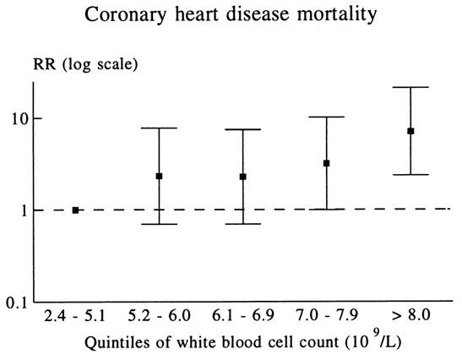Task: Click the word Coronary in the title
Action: (125, 14)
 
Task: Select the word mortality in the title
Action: (337, 14)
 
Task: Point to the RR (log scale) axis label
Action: (85, 65)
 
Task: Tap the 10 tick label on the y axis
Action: (19, 119)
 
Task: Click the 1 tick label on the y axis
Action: (24, 210)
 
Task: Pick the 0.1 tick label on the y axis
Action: (17, 303)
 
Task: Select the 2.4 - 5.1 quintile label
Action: (74, 316)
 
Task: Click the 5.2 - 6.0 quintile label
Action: (159, 316)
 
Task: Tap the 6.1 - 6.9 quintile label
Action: (243, 316)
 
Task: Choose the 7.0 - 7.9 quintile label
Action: (327, 316)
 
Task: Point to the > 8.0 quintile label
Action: (411, 316)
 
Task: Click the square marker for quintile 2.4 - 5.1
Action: (75, 210)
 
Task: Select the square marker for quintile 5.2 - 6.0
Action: (159, 177)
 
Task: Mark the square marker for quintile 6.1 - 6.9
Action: (243, 177)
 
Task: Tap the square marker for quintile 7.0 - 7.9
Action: (327, 163)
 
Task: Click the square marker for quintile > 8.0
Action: (410, 131)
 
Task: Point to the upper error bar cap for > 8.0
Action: (410, 87)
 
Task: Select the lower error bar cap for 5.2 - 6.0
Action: (159, 224)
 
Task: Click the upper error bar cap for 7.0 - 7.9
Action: (327, 117)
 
